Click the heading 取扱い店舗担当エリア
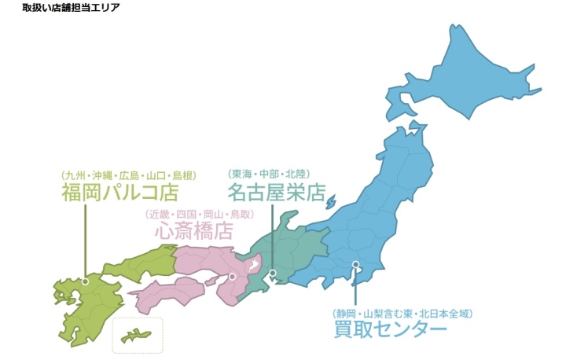click(x=70, y=7)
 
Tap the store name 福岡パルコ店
click(x=120, y=193)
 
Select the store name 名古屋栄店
click(x=276, y=193)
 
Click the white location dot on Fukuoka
click(x=85, y=281)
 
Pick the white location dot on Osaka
click(x=233, y=276)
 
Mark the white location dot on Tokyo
click(x=355, y=265)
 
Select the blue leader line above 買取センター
click(x=355, y=287)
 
